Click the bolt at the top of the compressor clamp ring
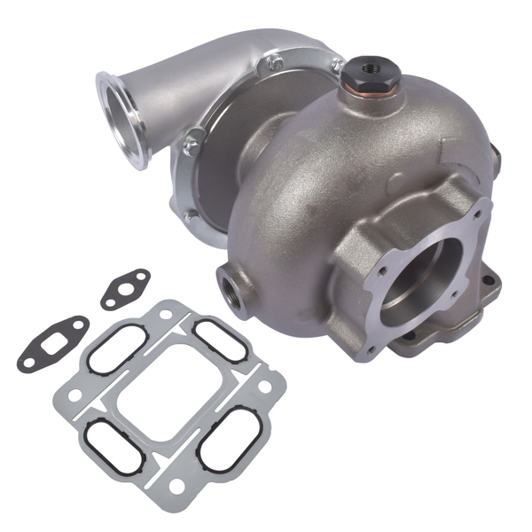click(x=278, y=63)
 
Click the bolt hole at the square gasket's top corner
click(x=168, y=311)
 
